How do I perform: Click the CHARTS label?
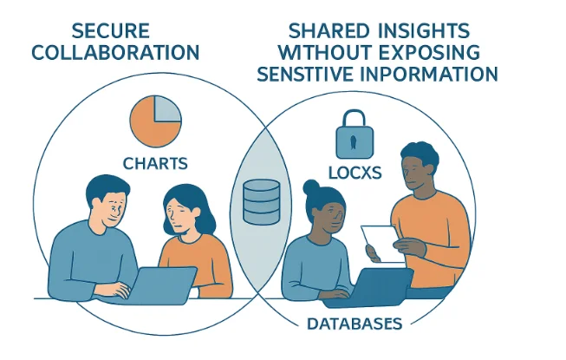155,162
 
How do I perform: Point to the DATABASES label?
354,324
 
